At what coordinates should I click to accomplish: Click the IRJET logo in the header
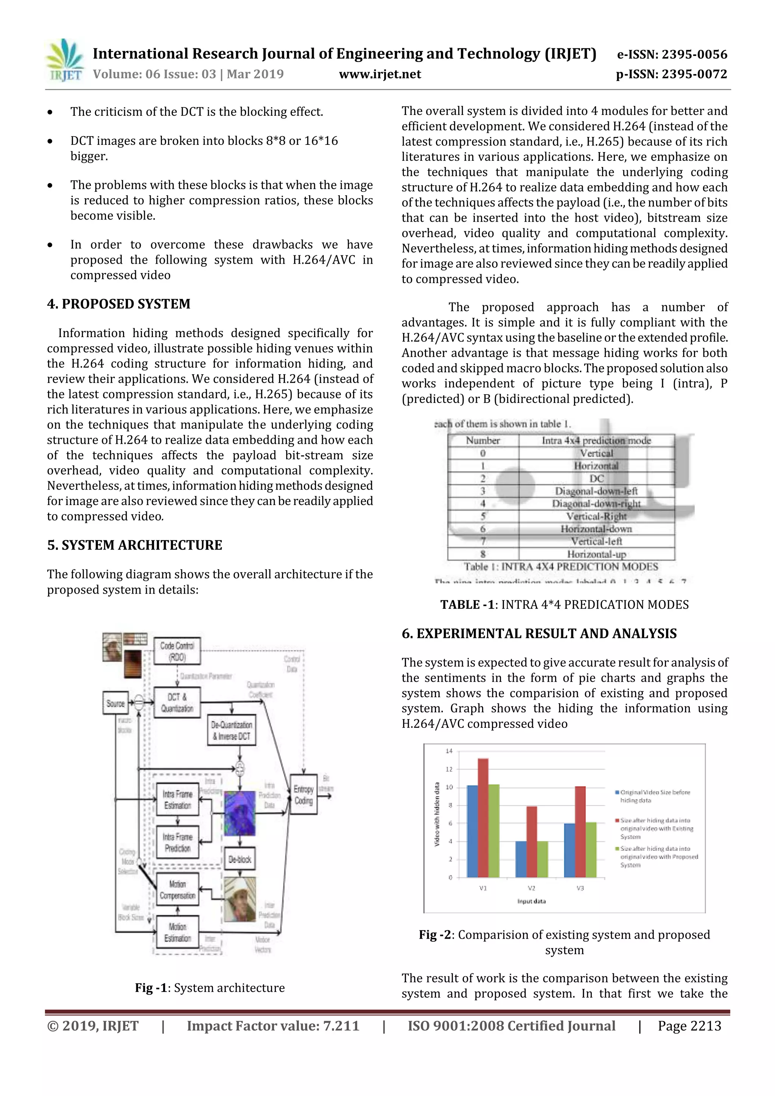[x=64, y=61]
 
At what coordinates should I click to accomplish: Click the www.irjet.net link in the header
[x=380, y=74]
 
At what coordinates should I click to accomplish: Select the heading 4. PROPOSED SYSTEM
[x=118, y=304]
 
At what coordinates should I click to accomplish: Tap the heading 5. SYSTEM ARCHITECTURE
[x=134, y=545]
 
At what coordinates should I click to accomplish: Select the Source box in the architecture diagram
[x=115, y=704]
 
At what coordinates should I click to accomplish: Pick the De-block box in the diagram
[x=239, y=859]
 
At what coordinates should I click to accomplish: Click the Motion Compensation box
[x=177, y=890]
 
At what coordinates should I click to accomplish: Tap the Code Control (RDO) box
[x=177, y=651]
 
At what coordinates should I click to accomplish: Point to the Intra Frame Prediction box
[x=177, y=843]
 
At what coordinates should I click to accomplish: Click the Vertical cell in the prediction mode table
[x=596, y=453]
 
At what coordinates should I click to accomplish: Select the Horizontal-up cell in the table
[x=596, y=554]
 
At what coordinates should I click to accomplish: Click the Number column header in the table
[x=483, y=440]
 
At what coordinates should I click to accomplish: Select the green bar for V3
[x=591, y=850]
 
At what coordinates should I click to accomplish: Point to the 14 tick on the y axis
[x=449, y=751]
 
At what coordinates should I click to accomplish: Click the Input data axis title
[x=531, y=901]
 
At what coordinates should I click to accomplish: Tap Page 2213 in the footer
[x=689, y=1026]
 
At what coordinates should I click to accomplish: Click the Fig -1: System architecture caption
[x=210, y=988]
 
